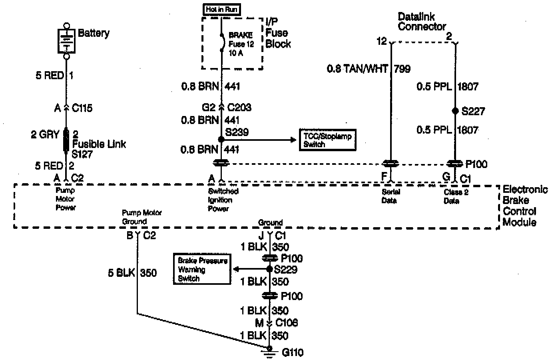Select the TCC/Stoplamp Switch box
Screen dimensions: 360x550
pos(327,140)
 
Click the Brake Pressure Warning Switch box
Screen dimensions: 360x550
pos(202,270)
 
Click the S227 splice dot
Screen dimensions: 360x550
pos(455,111)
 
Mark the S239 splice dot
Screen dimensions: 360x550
pos(221,140)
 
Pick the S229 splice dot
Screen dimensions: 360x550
pos(269,269)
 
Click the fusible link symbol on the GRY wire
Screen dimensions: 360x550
pos(66,140)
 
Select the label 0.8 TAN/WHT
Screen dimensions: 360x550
pos(357,69)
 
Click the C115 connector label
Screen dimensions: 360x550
pos(82,108)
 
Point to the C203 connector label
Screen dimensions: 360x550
pos(239,107)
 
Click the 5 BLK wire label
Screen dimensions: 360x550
pos(121,273)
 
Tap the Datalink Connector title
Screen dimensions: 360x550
pos(421,22)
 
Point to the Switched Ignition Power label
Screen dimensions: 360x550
pos(223,200)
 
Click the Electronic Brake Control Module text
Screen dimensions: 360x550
pos(524,206)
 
